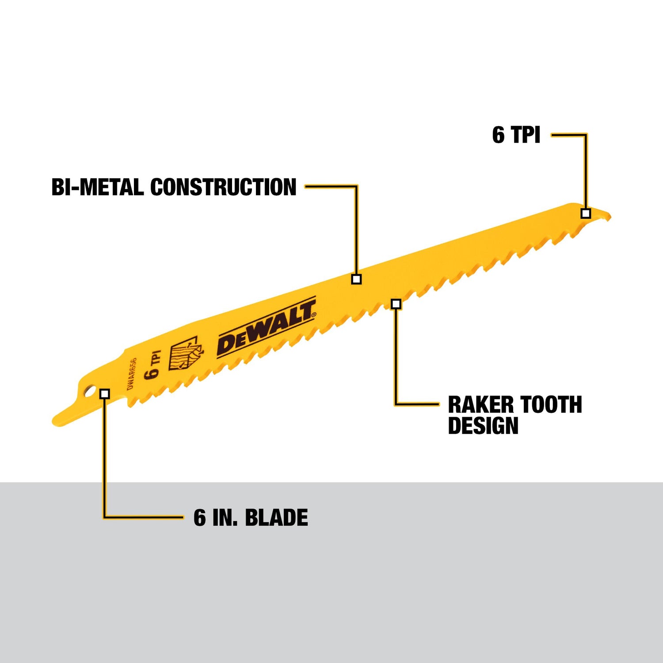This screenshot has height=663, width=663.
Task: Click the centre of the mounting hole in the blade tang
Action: click(90, 392)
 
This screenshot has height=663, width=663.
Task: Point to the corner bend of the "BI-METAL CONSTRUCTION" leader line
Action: click(356, 187)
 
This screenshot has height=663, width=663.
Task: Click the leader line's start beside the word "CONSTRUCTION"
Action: click(305, 187)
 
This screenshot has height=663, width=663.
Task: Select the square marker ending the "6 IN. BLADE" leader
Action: click(105, 393)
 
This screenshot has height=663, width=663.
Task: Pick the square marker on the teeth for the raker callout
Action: click(396, 304)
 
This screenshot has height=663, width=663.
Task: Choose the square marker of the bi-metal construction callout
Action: click(356, 279)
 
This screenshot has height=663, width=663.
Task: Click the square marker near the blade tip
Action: click(586, 213)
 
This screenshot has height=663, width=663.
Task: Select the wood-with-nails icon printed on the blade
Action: click(185, 354)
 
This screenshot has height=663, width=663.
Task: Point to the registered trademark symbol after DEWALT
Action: click(314, 315)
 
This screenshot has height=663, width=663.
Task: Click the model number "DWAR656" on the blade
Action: click(131, 374)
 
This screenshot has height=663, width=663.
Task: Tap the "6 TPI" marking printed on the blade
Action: click(153, 365)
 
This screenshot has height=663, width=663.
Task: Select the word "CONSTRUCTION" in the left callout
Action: click(223, 187)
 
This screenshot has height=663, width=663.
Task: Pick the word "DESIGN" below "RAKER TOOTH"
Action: click(483, 425)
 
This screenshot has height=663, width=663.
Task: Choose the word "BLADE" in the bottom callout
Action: click(276, 518)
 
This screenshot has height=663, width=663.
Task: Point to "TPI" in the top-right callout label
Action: click(526, 134)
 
